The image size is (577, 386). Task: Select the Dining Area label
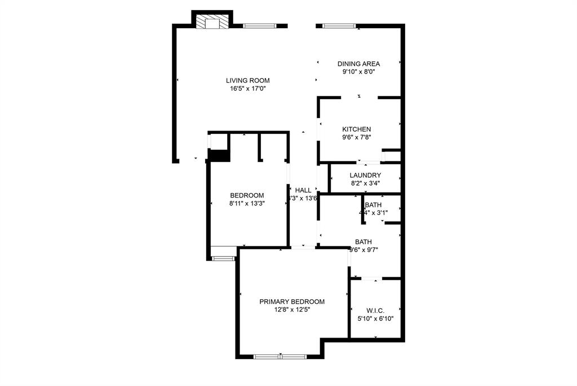click(x=358, y=64)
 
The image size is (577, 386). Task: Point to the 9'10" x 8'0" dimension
click(x=358, y=71)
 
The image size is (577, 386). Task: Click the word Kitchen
click(x=356, y=129)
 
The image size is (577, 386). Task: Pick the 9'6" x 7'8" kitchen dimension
click(x=356, y=137)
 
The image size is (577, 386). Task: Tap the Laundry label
click(x=365, y=175)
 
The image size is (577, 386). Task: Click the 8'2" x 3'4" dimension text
click(x=365, y=183)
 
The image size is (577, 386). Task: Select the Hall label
click(x=303, y=190)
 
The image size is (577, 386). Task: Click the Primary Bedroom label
click(x=292, y=302)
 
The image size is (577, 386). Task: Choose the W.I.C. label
click(x=375, y=311)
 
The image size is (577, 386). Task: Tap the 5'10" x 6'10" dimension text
click(x=375, y=318)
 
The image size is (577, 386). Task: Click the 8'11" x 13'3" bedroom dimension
click(x=247, y=203)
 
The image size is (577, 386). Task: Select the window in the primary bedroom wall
click(x=279, y=356)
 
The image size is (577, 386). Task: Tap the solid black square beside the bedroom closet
click(x=219, y=155)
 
